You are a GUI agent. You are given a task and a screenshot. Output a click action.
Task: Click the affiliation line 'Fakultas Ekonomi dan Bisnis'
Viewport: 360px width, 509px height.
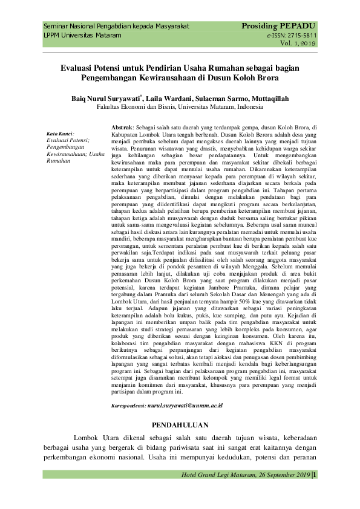tap(139, 106)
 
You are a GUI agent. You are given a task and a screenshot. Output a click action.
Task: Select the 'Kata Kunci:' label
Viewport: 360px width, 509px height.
tap(60, 133)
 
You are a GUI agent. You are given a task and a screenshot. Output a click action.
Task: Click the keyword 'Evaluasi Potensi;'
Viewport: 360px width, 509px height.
tap(68, 140)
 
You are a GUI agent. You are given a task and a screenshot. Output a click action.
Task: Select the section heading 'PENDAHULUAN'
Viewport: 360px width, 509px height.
tap(180, 425)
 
